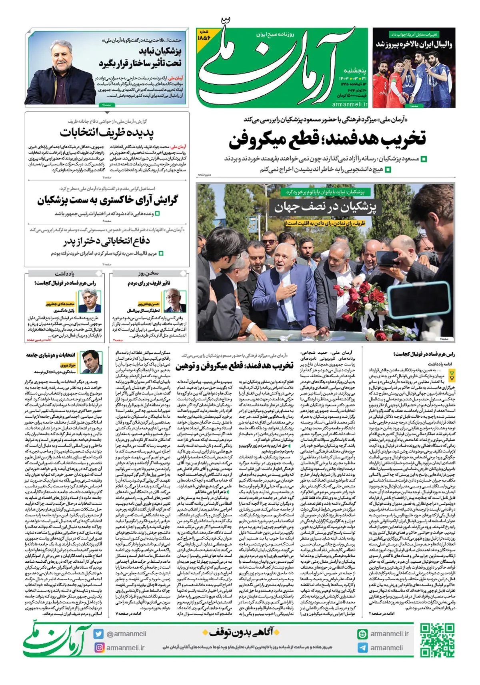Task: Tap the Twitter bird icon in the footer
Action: coord(98,634)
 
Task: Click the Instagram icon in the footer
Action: coord(98,647)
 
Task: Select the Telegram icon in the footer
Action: coord(362,648)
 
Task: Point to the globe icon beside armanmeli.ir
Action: coord(362,634)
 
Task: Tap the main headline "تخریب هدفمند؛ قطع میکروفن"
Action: coord(327,139)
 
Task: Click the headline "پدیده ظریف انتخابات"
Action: coord(107,132)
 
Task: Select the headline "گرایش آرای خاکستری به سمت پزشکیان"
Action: coord(107,200)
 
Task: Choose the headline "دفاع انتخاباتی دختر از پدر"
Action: coord(106,241)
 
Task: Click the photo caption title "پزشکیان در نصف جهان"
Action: coord(325,207)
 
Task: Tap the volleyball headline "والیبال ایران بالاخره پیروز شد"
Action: coord(414,44)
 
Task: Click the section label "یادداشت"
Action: coord(64,274)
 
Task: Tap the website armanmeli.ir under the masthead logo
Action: coord(350,104)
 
